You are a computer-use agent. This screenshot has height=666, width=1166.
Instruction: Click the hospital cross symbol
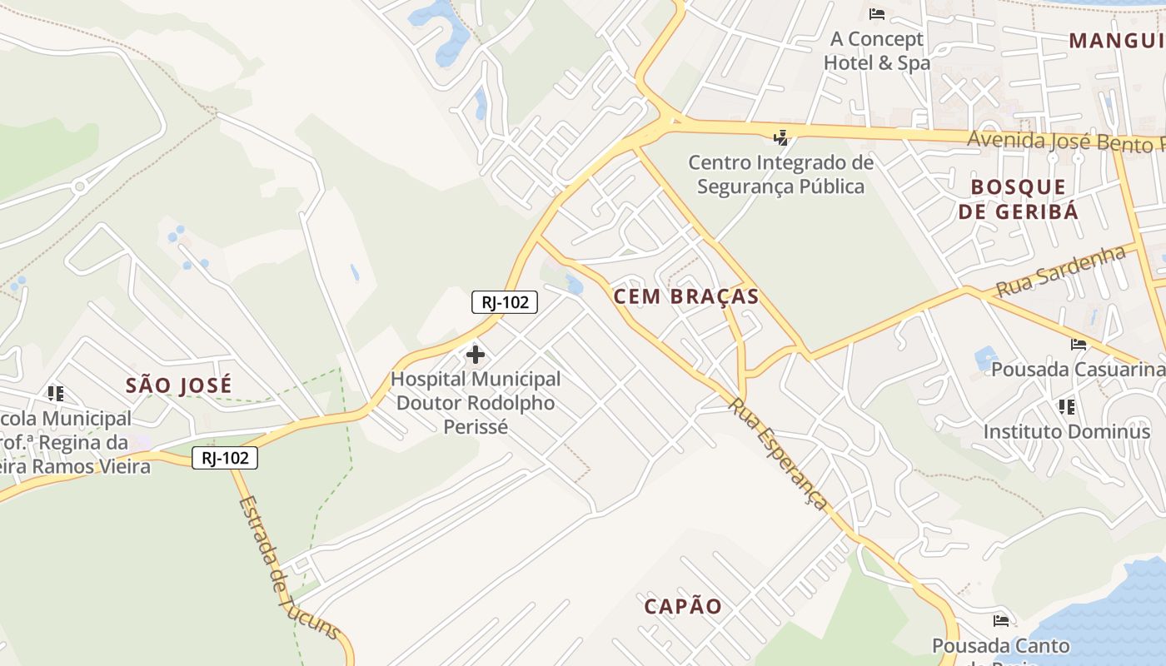point(476,355)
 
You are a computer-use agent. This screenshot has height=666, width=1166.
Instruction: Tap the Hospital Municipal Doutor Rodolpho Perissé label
point(476,403)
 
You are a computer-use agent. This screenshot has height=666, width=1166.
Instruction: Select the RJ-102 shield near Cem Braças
point(505,301)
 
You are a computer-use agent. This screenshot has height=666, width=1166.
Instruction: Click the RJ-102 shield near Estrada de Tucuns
point(225,458)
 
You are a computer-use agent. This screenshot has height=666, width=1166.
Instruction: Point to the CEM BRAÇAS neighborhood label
point(686,296)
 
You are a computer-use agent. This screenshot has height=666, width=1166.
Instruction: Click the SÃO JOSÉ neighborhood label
point(178,385)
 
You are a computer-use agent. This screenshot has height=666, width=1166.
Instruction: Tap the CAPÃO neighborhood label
point(683,606)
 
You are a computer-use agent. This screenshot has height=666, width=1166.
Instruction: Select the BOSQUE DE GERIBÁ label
point(1018,199)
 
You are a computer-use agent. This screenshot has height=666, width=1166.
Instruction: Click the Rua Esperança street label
point(779,453)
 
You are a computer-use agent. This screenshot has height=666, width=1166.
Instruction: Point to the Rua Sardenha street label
point(1060,271)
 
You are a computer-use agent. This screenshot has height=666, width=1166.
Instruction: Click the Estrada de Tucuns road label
point(288,569)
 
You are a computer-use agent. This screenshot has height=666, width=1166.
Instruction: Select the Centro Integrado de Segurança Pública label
point(780,174)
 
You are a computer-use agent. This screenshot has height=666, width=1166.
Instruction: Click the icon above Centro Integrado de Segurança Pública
point(780,137)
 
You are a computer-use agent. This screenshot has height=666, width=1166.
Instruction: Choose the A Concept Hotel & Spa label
point(876,51)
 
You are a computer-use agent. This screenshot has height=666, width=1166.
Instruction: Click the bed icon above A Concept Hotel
point(876,14)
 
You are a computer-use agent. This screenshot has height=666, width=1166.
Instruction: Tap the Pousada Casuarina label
point(1078,369)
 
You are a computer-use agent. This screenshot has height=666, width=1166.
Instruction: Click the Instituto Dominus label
point(1066,432)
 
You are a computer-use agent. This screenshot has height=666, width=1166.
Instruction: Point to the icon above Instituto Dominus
point(1066,407)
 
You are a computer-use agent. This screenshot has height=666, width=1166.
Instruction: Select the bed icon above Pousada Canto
point(1000,621)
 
